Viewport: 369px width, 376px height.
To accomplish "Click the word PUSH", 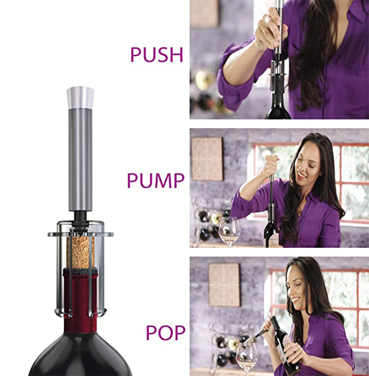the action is coord(157,55).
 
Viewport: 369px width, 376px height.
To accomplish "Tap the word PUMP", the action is coord(156,180).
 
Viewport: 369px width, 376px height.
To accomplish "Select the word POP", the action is coord(166,333).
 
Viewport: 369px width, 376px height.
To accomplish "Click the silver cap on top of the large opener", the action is coord(80,98).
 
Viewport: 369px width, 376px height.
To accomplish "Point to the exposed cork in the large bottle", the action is coord(80,252).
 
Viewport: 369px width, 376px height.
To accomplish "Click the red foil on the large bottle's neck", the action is coord(80,300).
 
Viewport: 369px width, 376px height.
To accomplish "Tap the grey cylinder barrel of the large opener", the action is coord(80,159).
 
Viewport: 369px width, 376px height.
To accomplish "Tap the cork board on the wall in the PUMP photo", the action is coord(207,159).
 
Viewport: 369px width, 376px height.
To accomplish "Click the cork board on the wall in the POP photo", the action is coord(224,285).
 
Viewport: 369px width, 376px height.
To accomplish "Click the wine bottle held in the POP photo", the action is coord(285,345).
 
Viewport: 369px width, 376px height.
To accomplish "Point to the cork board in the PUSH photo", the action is coord(204,13).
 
